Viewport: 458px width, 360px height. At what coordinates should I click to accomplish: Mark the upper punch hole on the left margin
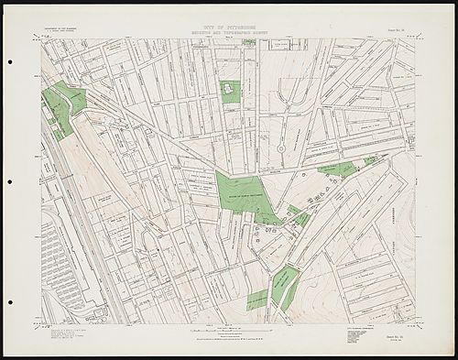pyautogui.click(x=9, y=62)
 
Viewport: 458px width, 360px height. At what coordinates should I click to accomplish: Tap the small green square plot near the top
pyautogui.click(x=229, y=91)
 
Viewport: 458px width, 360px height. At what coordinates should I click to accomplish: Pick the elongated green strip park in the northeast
pyautogui.click(x=335, y=169)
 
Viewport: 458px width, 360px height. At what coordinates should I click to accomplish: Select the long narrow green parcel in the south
pyautogui.click(x=289, y=287)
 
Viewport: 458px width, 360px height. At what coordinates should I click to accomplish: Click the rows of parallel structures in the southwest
pyautogui.click(x=59, y=256)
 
